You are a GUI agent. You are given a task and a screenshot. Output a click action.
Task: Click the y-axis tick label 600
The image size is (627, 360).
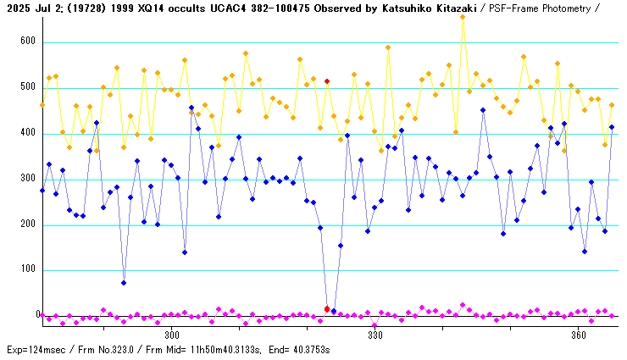(27, 42)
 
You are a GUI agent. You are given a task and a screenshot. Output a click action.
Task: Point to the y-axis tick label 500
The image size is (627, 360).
(27, 87)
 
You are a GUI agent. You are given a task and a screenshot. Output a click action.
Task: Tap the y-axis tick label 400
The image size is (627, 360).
(27, 133)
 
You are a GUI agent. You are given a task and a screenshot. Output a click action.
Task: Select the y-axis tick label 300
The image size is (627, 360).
(27, 179)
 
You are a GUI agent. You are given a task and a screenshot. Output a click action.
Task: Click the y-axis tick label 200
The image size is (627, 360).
(27, 224)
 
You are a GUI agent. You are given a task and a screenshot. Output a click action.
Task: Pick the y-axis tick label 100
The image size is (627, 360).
(27, 270)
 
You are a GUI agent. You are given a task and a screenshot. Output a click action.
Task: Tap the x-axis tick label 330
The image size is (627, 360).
(375, 335)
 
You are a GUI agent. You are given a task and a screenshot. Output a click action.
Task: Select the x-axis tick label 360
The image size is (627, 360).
(579, 335)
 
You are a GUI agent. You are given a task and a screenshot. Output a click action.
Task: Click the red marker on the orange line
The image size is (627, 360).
(327, 81)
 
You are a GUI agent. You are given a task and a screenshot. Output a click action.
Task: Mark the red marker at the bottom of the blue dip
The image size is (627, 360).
(327, 309)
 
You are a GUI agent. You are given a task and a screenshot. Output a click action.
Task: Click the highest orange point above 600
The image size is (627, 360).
(463, 16)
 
